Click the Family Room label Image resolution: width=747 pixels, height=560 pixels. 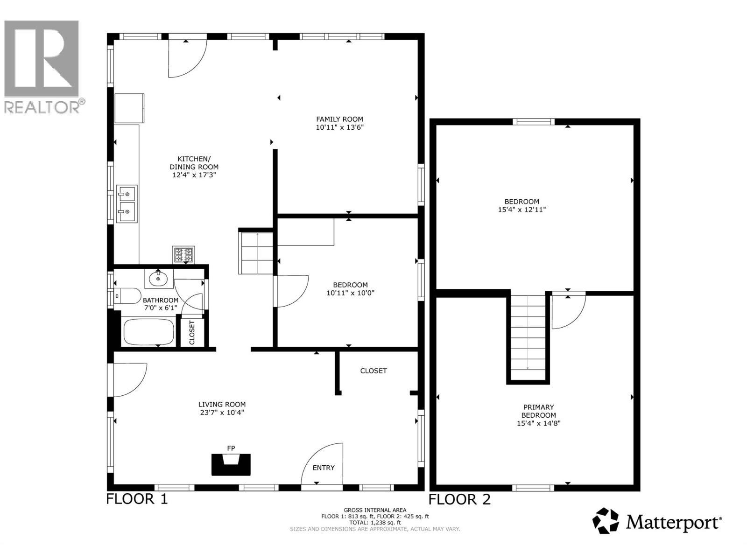tap(339, 119)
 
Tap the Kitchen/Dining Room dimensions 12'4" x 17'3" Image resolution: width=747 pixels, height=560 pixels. tap(194, 175)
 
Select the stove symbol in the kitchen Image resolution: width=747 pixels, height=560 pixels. tap(183, 255)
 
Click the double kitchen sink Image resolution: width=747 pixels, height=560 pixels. tap(127, 204)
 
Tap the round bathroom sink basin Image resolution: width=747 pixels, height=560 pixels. tap(158, 279)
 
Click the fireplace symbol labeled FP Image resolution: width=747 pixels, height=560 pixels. tap(232, 464)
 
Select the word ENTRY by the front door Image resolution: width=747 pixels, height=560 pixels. tap(324, 468)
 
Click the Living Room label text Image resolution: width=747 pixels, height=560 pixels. tap(222, 405)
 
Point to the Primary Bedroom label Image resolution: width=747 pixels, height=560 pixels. tap(538, 411)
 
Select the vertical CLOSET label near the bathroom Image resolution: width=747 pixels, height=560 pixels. tap(192, 332)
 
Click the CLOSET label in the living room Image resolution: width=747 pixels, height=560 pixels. tap(373, 371)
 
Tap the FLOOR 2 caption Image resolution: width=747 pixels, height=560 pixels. tap(459, 499)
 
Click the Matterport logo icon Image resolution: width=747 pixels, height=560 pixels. tap(606, 521)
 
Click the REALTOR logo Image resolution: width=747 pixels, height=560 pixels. tap(42, 65)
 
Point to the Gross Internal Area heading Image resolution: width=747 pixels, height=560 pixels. tap(375, 510)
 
